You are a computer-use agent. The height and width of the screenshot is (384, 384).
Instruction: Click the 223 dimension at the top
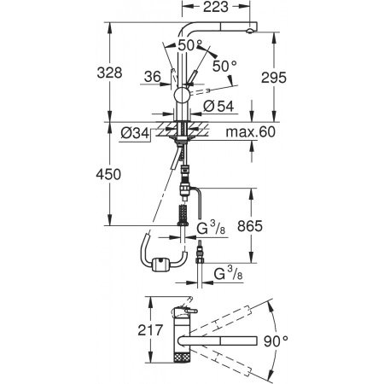[216, 7]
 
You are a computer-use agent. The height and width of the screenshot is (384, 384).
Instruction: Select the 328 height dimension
[109, 73]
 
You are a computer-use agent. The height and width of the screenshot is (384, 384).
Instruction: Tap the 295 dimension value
[274, 78]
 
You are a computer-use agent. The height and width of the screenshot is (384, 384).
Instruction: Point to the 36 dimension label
[153, 77]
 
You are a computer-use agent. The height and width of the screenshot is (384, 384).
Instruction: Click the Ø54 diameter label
[218, 106]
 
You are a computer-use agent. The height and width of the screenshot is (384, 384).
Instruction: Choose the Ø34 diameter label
[135, 133]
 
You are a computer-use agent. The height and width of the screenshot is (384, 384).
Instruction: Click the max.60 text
[251, 131]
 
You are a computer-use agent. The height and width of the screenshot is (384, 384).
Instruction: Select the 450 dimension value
[108, 174]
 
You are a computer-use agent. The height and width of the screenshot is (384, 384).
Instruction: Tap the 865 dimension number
[250, 226]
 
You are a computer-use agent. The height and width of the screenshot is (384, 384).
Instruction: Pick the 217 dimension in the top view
[150, 330]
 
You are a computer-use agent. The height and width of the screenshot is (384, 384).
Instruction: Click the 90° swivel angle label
[276, 341]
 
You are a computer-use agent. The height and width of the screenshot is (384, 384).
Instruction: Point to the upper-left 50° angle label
[190, 45]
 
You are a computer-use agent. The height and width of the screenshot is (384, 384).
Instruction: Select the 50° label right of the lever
[224, 67]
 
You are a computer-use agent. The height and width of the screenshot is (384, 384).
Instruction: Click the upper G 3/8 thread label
[211, 228]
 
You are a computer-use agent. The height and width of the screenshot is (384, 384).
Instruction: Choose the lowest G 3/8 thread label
[228, 273]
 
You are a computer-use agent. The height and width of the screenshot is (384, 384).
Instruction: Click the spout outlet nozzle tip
[249, 32]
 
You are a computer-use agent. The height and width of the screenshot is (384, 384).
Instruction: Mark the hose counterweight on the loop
[161, 265]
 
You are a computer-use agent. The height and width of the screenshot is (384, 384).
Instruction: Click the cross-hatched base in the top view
[182, 357]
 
